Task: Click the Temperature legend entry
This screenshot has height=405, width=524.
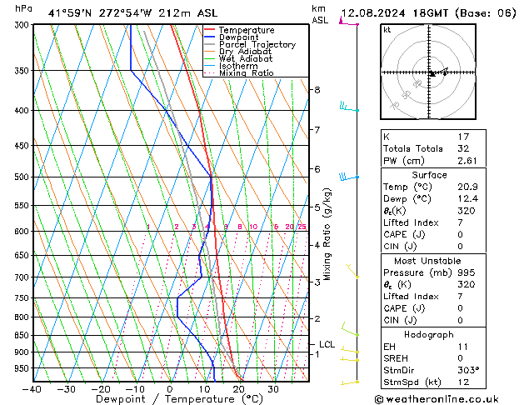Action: pos(247,30)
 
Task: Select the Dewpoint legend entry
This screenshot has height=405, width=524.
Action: pos(241,37)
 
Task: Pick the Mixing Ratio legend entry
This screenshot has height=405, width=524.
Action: pos(247,73)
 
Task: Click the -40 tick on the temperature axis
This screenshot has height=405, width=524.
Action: pos(32,389)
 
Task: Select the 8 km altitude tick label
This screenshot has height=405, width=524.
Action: pos(317,90)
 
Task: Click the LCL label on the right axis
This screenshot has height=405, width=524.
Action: pos(327,344)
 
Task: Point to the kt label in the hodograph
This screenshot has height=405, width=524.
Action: pos(387,30)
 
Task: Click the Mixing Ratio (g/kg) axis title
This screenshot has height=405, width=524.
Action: pos(327,233)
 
